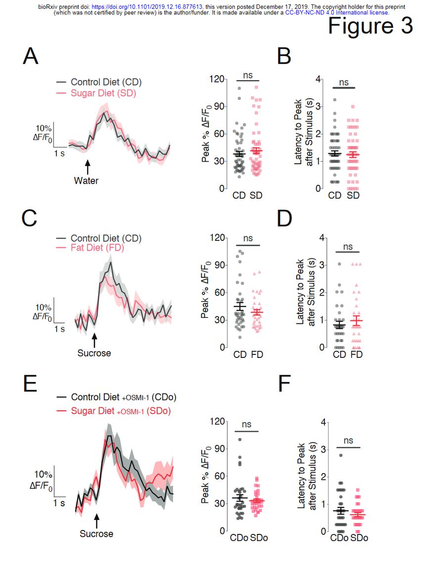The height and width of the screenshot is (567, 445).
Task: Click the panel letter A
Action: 31,57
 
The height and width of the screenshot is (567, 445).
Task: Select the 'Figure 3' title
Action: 370,26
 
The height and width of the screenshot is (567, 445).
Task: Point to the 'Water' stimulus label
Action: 86,181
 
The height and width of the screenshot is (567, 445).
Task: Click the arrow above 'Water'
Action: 87,165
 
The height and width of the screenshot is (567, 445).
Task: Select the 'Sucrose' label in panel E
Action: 96,534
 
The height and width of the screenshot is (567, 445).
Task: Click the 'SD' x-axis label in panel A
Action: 256,196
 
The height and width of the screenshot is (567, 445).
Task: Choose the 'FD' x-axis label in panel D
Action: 356,355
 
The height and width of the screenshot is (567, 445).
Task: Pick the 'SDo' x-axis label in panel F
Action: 359,538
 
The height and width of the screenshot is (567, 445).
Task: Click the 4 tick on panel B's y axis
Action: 319,79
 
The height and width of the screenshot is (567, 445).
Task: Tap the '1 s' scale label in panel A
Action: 59,153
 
